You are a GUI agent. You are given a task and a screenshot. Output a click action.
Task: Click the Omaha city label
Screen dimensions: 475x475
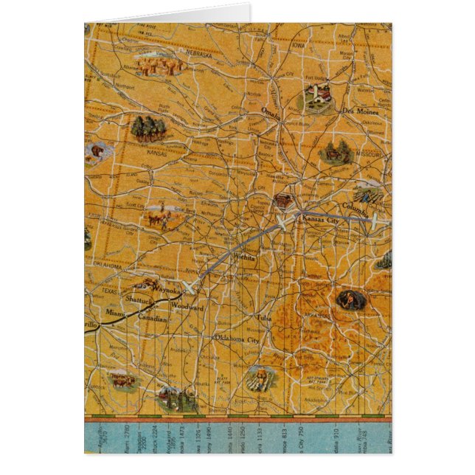click(x=272, y=111)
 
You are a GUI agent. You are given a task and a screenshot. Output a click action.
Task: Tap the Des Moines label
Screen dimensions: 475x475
click(x=360, y=111)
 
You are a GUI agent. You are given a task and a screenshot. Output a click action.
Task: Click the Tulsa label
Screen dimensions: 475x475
click(x=264, y=318)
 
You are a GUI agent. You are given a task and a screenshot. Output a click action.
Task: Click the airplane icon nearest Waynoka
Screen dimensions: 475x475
click(x=190, y=284)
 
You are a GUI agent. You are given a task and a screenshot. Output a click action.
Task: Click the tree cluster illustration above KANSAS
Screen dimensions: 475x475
click(x=148, y=128)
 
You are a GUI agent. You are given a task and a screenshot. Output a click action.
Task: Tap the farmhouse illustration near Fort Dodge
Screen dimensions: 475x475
click(x=318, y=96)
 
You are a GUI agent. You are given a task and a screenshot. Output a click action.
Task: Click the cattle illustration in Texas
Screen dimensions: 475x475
click(x=122, y=380)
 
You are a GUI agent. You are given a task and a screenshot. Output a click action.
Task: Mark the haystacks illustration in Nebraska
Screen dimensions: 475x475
click(x=162, y=66)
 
